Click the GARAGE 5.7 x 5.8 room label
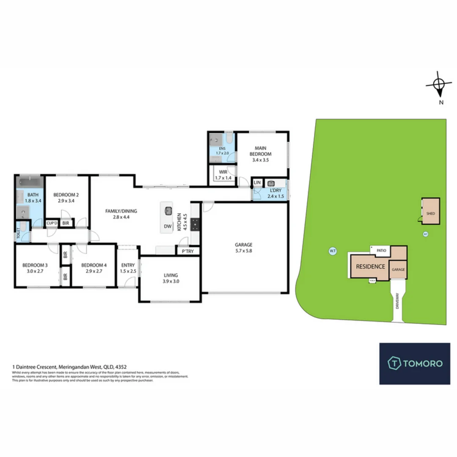click(244, 247)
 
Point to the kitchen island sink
click(168, 210)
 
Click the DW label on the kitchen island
click(168, 226)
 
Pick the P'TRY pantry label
click(187, 251)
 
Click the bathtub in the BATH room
click(30, 183)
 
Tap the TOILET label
click(19, 234)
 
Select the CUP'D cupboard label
click(52, 223)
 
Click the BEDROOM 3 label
click(35, 268)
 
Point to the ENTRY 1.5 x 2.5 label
click(127, 268)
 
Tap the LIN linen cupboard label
click(257, 183)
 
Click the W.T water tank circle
click(332, 251)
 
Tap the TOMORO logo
click(414, 363)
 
